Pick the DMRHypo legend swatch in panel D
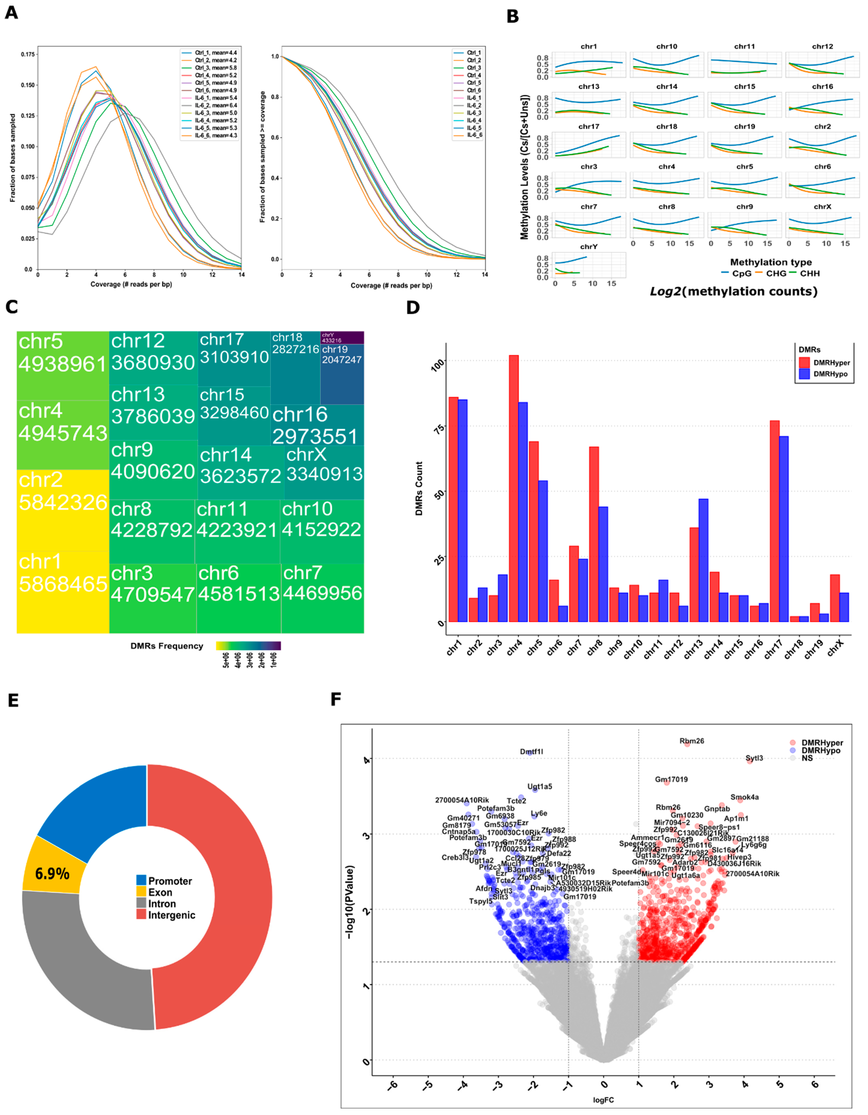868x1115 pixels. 804,374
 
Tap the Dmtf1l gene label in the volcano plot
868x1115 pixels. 532,752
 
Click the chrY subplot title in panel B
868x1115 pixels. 589,247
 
